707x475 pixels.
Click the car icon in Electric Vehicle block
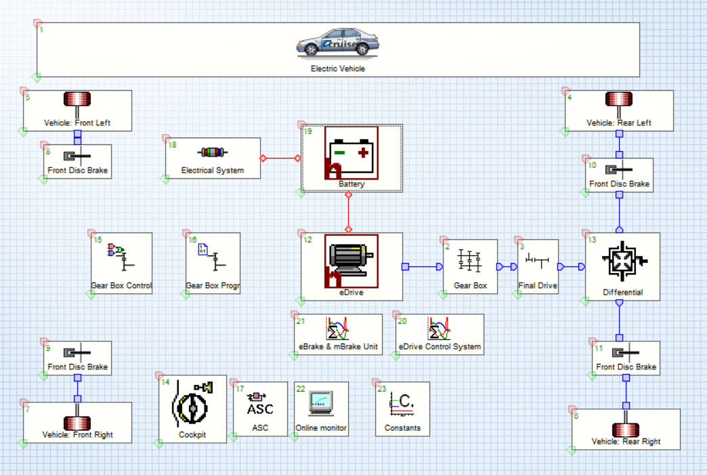pyautogui.click(x=337, y=43)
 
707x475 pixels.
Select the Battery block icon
pyautogui.click(x=351, y=152)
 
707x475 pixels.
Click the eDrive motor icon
pyautogui.click(x=351, y=261)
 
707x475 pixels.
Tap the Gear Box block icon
pyautogui.click(x=470, y=261)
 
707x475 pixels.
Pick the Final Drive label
pyautogui.click(x=538, y=286)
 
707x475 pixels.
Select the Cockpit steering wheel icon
pyautogui.click(x=192, y=404)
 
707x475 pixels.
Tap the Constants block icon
pyautogui.click(x=402, y=402)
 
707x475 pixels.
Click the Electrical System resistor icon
pyautogui.click(x=213, y=152)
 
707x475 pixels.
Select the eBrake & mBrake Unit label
pyautogui.click(x=338, y=347)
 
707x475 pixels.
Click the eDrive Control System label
pyautogui.click(x=440, y=347)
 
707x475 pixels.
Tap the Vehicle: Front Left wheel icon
pyautogui.click(x=77, y=100)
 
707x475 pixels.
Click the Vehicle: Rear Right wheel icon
pyautogui.click(x=626, y=429)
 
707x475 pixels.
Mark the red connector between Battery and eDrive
pyautogui.click(x=349, y=211)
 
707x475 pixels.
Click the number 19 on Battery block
pyautogui.click(x=308, y=131)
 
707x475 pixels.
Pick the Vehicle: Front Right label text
pyautogui.click(x=78, y=435)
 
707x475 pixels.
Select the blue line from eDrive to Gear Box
pyautogui.click(x=424, y=267)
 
